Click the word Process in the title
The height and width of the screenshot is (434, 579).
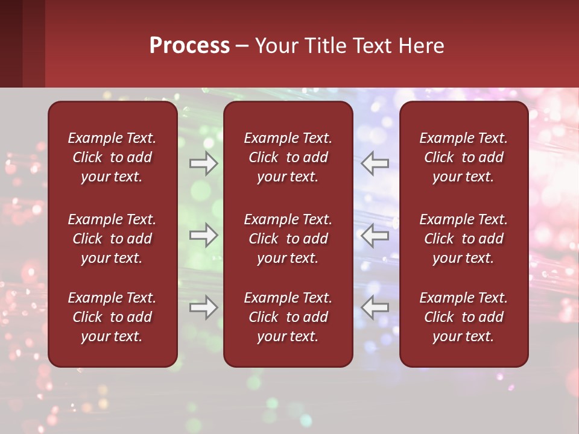pyautogui.click(x=189, y=46)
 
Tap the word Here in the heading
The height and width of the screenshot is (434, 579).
pyautogui.click(x=421, y=46)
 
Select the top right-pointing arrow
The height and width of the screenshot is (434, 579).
pyautogui.click(x=204, y=163)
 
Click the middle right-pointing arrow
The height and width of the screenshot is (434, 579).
pyautogui.click(x=204, y=235)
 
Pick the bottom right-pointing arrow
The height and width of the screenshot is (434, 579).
pyautogui.click(x=204, y=307)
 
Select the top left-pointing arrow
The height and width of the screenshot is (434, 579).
pyautogui.click(x=375, y=163)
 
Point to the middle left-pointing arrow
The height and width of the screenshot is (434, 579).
pyautogui.click(x=375, y=235)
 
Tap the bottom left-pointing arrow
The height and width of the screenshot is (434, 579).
pyautogui.click(x=375, y=307)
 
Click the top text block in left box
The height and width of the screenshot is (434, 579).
pyautogui.click(x=112, y=157)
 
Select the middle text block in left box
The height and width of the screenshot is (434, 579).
pyautogui.click(x=112, y=239)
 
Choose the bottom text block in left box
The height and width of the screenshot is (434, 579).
pyautogui.click(x=112, y=317)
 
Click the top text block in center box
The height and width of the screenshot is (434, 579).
pyautogui.click(x=288, y=157)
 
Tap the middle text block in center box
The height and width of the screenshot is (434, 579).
pyautogui.click(x=288, y=239)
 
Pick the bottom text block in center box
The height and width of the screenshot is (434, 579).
pyautogui.click(x=288, y=317)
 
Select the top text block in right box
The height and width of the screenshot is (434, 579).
pyautogui.click(x=463, y=157)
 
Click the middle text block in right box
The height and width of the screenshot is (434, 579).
pyautogui.click(x=463, y=239)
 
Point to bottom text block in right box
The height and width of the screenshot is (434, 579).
pyautogui.click(x=463, y=317)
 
